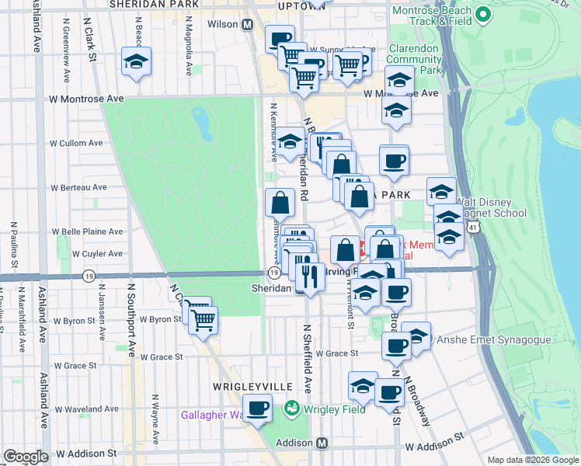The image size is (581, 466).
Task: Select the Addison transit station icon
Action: coord(322,443)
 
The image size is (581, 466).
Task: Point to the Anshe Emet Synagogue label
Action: coord(484,339)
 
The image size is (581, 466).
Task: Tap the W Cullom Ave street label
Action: coord(76,143)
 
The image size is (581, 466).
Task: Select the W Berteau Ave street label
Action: coord(78,187)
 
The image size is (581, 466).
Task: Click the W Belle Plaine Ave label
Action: coord(87,231)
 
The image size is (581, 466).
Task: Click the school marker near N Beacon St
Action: coord(136,63)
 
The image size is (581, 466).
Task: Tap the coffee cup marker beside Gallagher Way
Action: coord(257,408)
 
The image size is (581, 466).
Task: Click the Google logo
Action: coord(26,457)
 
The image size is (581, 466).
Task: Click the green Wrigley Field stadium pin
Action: coord(292,407)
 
